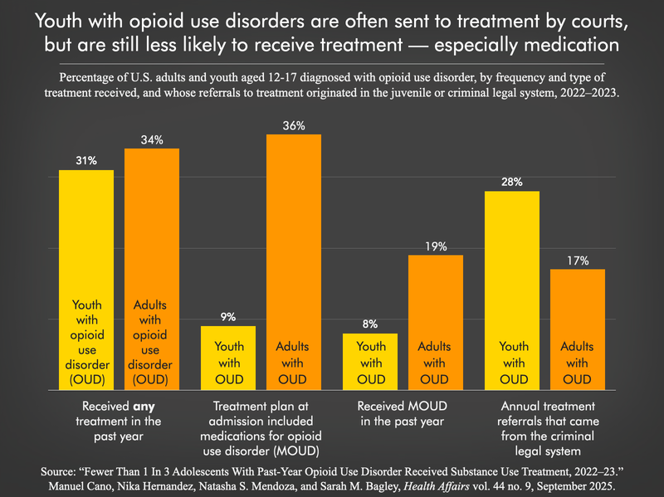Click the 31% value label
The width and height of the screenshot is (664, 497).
pyautogui.click(x=86, y=159)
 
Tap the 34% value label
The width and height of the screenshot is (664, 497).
pyautogui.click(x=151, y=138)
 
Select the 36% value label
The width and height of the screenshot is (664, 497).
pyautogui.click(x=293, y=124)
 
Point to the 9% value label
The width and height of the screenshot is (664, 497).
pyautogui.click(x=228, y=316)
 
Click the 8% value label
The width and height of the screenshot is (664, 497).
pyautogui.click(x=370, y=324)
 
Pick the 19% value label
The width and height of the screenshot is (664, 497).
pyautogui.click(x=435, y=246)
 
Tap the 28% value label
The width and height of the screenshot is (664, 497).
pyautogui.click(x=512, y=181)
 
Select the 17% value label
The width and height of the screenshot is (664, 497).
pyautogui.click(x=577, y=260)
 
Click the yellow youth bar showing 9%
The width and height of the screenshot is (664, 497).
pyautogui.click(x=228, y=357)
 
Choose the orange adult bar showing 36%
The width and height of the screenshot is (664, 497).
pyautogui.click(x=293, y=249)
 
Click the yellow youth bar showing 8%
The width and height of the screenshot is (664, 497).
pyautogui.click(x=370, y=361)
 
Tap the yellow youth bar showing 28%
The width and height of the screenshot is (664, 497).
pyautogui.click(x=512, y=274)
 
